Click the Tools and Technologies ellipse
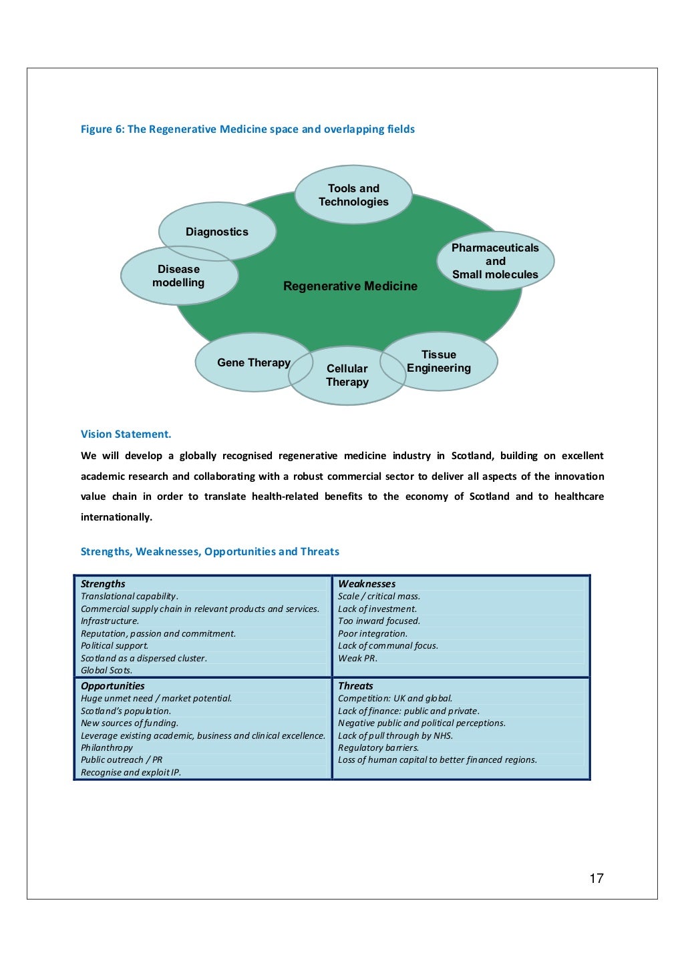pos(353,195)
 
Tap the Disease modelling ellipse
pos(178,276)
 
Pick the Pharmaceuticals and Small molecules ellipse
pos(495,261)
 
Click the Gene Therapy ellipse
pos(247,363)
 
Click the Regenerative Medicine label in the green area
pos(350,286)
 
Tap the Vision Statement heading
pos(126,434)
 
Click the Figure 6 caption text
pos(247,129)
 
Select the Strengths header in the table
pos(103,584)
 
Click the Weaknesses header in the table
pos(367,584)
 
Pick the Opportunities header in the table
pos(113,686)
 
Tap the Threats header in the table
pos(355,686)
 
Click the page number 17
pos(596,879)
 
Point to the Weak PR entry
pos(357,659)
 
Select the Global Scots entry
pos(106,671)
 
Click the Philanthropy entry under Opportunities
pos(107,748)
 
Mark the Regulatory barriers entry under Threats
pos(378,748)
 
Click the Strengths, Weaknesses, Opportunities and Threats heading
pos(210,552)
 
